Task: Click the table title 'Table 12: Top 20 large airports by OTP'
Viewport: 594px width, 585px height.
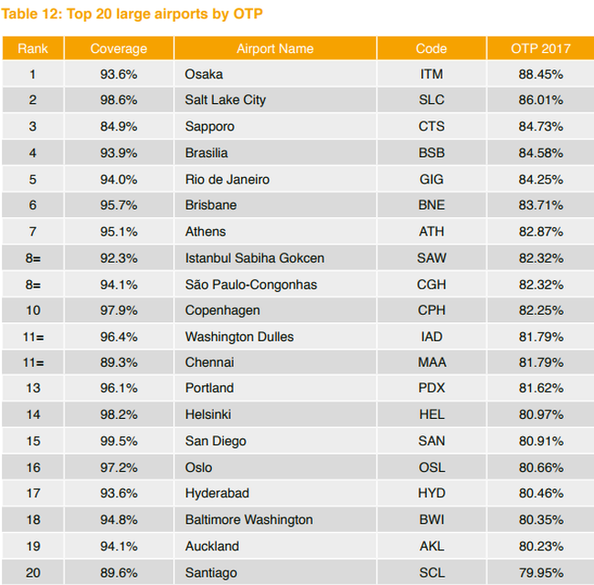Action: point(132,14)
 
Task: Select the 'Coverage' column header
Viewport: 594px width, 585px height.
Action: point(119,48)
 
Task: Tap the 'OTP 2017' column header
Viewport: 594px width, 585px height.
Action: point(541,48)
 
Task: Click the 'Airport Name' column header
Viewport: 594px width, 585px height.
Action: point(275,48)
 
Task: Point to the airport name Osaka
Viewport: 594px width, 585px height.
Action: point(204,74)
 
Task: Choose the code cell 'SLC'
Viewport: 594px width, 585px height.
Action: point(431,99)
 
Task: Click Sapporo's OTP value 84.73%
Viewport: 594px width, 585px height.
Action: point(541,126)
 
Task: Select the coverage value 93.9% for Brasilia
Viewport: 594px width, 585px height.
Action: point(119,153)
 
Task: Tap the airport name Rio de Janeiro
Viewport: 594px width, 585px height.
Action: point(228,180)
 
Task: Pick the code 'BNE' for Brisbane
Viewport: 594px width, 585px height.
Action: point(431,205)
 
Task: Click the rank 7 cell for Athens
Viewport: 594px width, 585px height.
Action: point(33,232)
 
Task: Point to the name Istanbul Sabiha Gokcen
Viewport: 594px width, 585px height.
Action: point(255,258)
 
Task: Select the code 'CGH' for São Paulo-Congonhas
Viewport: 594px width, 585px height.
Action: point(431,285)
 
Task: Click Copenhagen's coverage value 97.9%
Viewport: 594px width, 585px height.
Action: point(119,310)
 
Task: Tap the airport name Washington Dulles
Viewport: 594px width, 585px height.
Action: point(239,337)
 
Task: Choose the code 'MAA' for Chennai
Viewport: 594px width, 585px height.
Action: point(432,362)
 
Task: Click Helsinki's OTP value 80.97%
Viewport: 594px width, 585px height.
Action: point(541,414)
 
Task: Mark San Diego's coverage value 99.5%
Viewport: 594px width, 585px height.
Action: point(119,441)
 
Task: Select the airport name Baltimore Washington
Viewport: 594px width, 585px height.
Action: point(249,520)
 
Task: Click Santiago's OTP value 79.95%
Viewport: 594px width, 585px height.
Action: point(541,573)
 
